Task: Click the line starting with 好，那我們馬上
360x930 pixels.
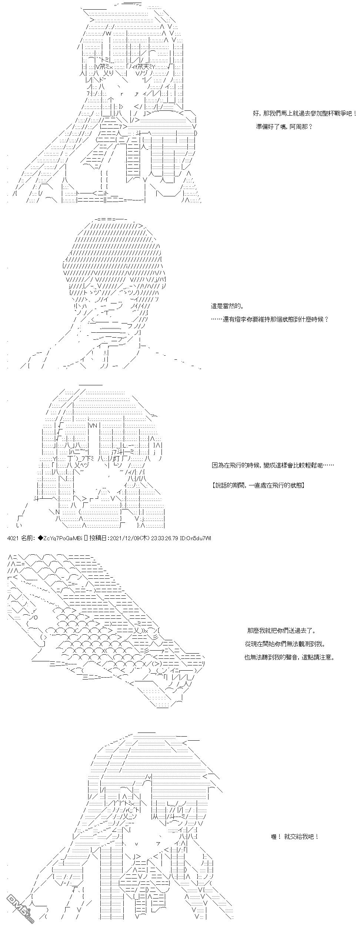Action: click(x=303, y=113)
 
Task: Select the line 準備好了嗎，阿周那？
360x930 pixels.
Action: click(x=284, y=126)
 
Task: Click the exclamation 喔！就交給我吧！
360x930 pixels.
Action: click(x=295, y=836)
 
